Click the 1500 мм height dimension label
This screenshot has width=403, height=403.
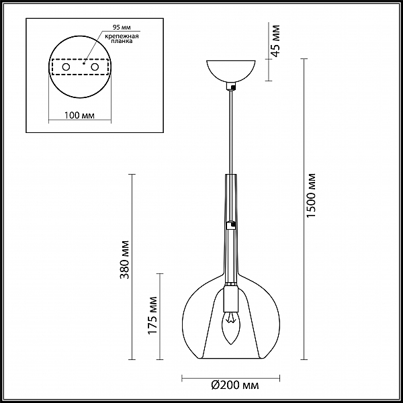(311, 195)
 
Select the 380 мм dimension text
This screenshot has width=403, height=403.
(125, 259)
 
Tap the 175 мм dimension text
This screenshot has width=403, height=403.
(152, 316)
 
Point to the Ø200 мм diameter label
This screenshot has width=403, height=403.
(235, 386)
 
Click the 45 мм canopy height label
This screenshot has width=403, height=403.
(275, 40)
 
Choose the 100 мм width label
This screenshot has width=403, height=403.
(79, 115)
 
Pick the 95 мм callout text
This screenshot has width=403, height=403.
(122, 28)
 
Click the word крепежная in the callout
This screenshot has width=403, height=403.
(122, 36)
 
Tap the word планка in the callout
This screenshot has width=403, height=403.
(122, 41)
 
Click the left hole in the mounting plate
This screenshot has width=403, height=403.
(66, 67)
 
